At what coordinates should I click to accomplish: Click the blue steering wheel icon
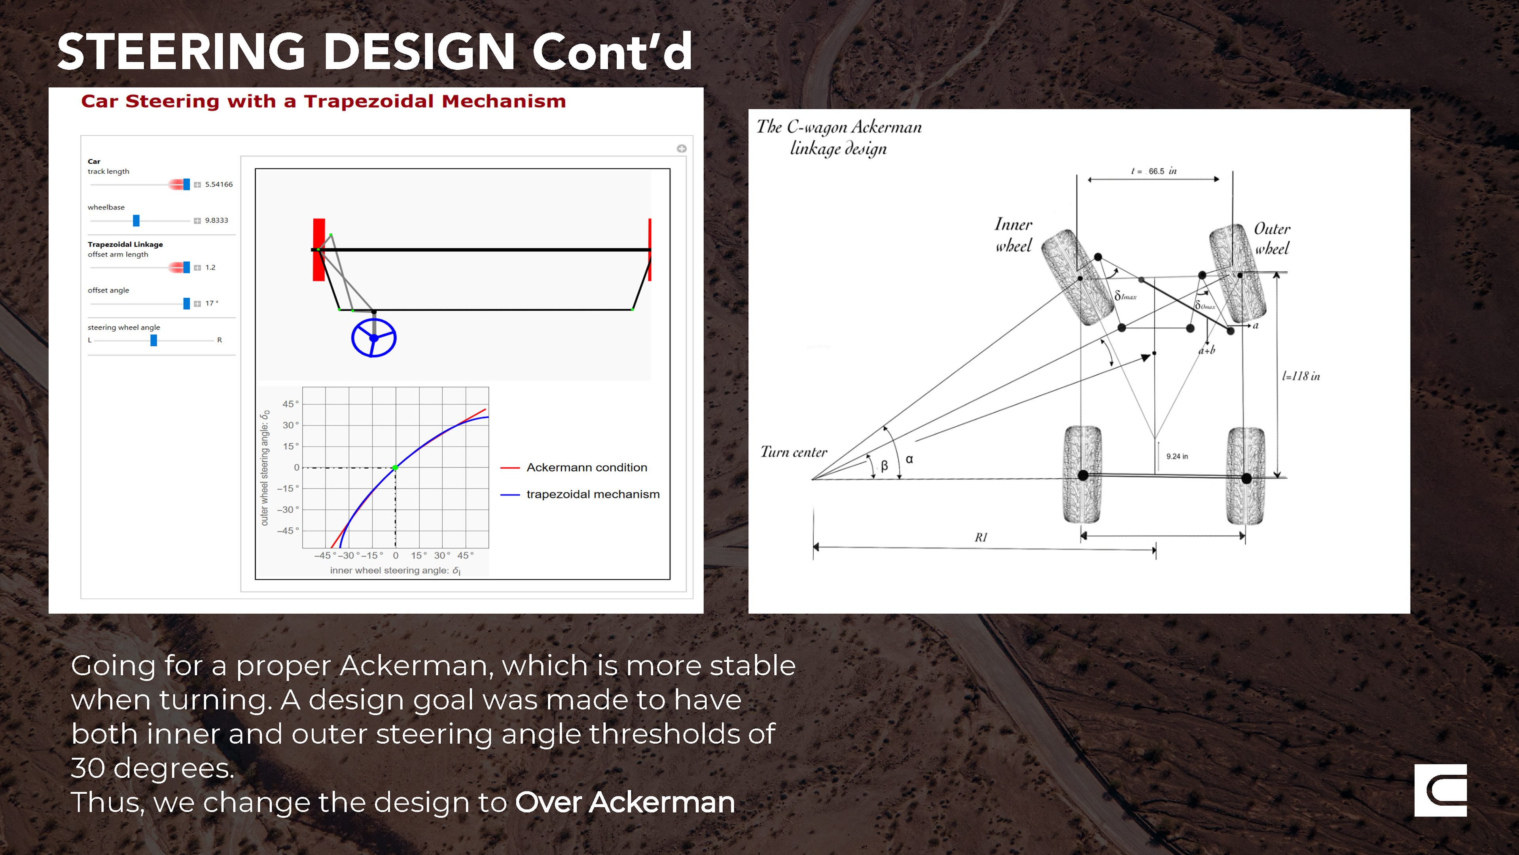tap(373, 338)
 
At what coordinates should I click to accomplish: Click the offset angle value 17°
tap(212, 303)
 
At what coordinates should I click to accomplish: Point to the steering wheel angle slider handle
tap(154, 340)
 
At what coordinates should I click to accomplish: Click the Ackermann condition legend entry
tap(574, 467)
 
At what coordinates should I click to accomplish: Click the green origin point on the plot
tap(396, 468)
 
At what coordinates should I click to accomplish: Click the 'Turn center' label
tap(794, 452)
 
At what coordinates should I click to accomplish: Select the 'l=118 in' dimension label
tap(1301, 376)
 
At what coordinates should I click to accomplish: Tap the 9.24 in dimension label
tap(1177, 456)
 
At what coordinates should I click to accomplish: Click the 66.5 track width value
tap(1156, 171)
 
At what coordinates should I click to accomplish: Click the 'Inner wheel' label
tap(1013, 235)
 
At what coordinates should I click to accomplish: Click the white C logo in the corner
tap(1441, 790)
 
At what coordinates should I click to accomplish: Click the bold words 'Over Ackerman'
tap(625, 802)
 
